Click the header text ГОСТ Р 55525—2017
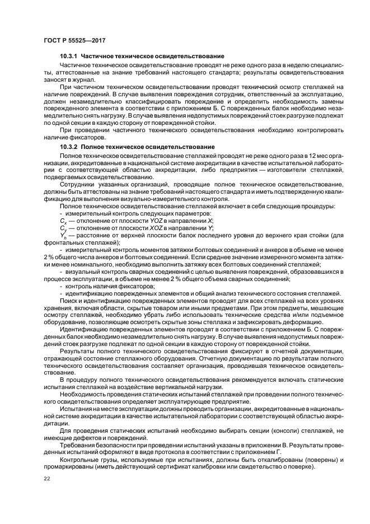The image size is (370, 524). click(x=75, y=40)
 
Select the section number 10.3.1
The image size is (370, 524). click(x=69, y=57)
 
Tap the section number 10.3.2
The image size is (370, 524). click(x=69, y=146)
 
